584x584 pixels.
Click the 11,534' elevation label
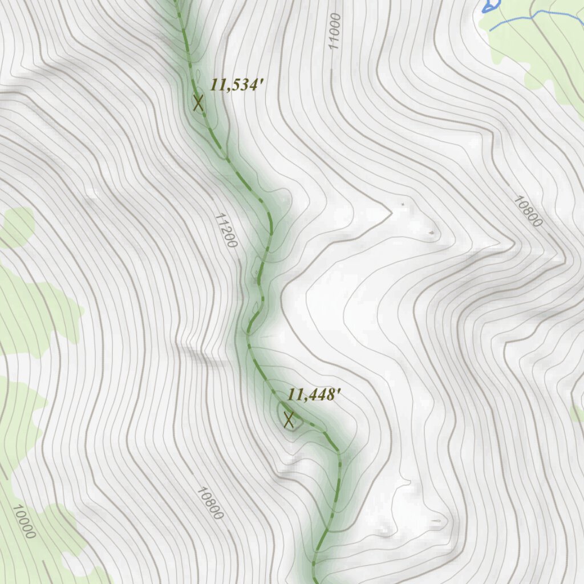237,86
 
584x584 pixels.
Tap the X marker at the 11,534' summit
198,103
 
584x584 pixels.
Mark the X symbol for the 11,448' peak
289,420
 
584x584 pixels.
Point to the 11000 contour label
334,32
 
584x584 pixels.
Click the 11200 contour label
226,230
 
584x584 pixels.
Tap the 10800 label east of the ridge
528,211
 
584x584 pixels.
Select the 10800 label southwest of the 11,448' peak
209,502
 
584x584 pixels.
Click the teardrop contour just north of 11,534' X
198,76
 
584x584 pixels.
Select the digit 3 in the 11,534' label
244,86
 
